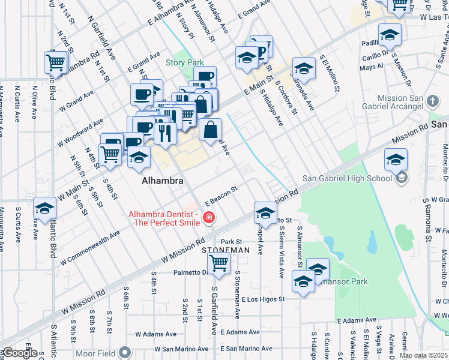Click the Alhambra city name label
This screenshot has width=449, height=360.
click(x=161, y=180)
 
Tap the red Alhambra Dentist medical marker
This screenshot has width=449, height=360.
click(x=209, y=218)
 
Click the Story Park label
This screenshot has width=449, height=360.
click(x=185, y=62)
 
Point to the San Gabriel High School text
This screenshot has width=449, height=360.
click(x=346, y=178)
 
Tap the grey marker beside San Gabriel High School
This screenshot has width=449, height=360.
click(x=402, y=178)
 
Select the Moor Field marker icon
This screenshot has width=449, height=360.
click(x=125, y=352)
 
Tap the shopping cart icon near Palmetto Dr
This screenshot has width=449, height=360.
click(x=219, y=263)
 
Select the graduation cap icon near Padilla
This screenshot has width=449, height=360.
click(x=390, y=35)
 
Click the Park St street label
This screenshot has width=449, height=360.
click(x=231, y=241)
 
